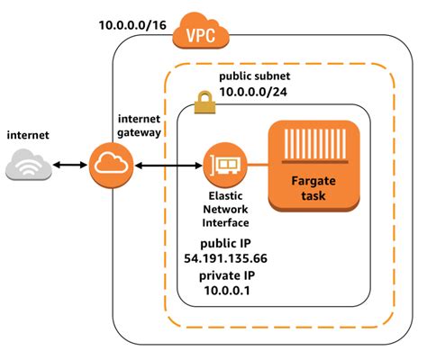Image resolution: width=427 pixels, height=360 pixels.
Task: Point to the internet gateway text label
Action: (x=139, y=126)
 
